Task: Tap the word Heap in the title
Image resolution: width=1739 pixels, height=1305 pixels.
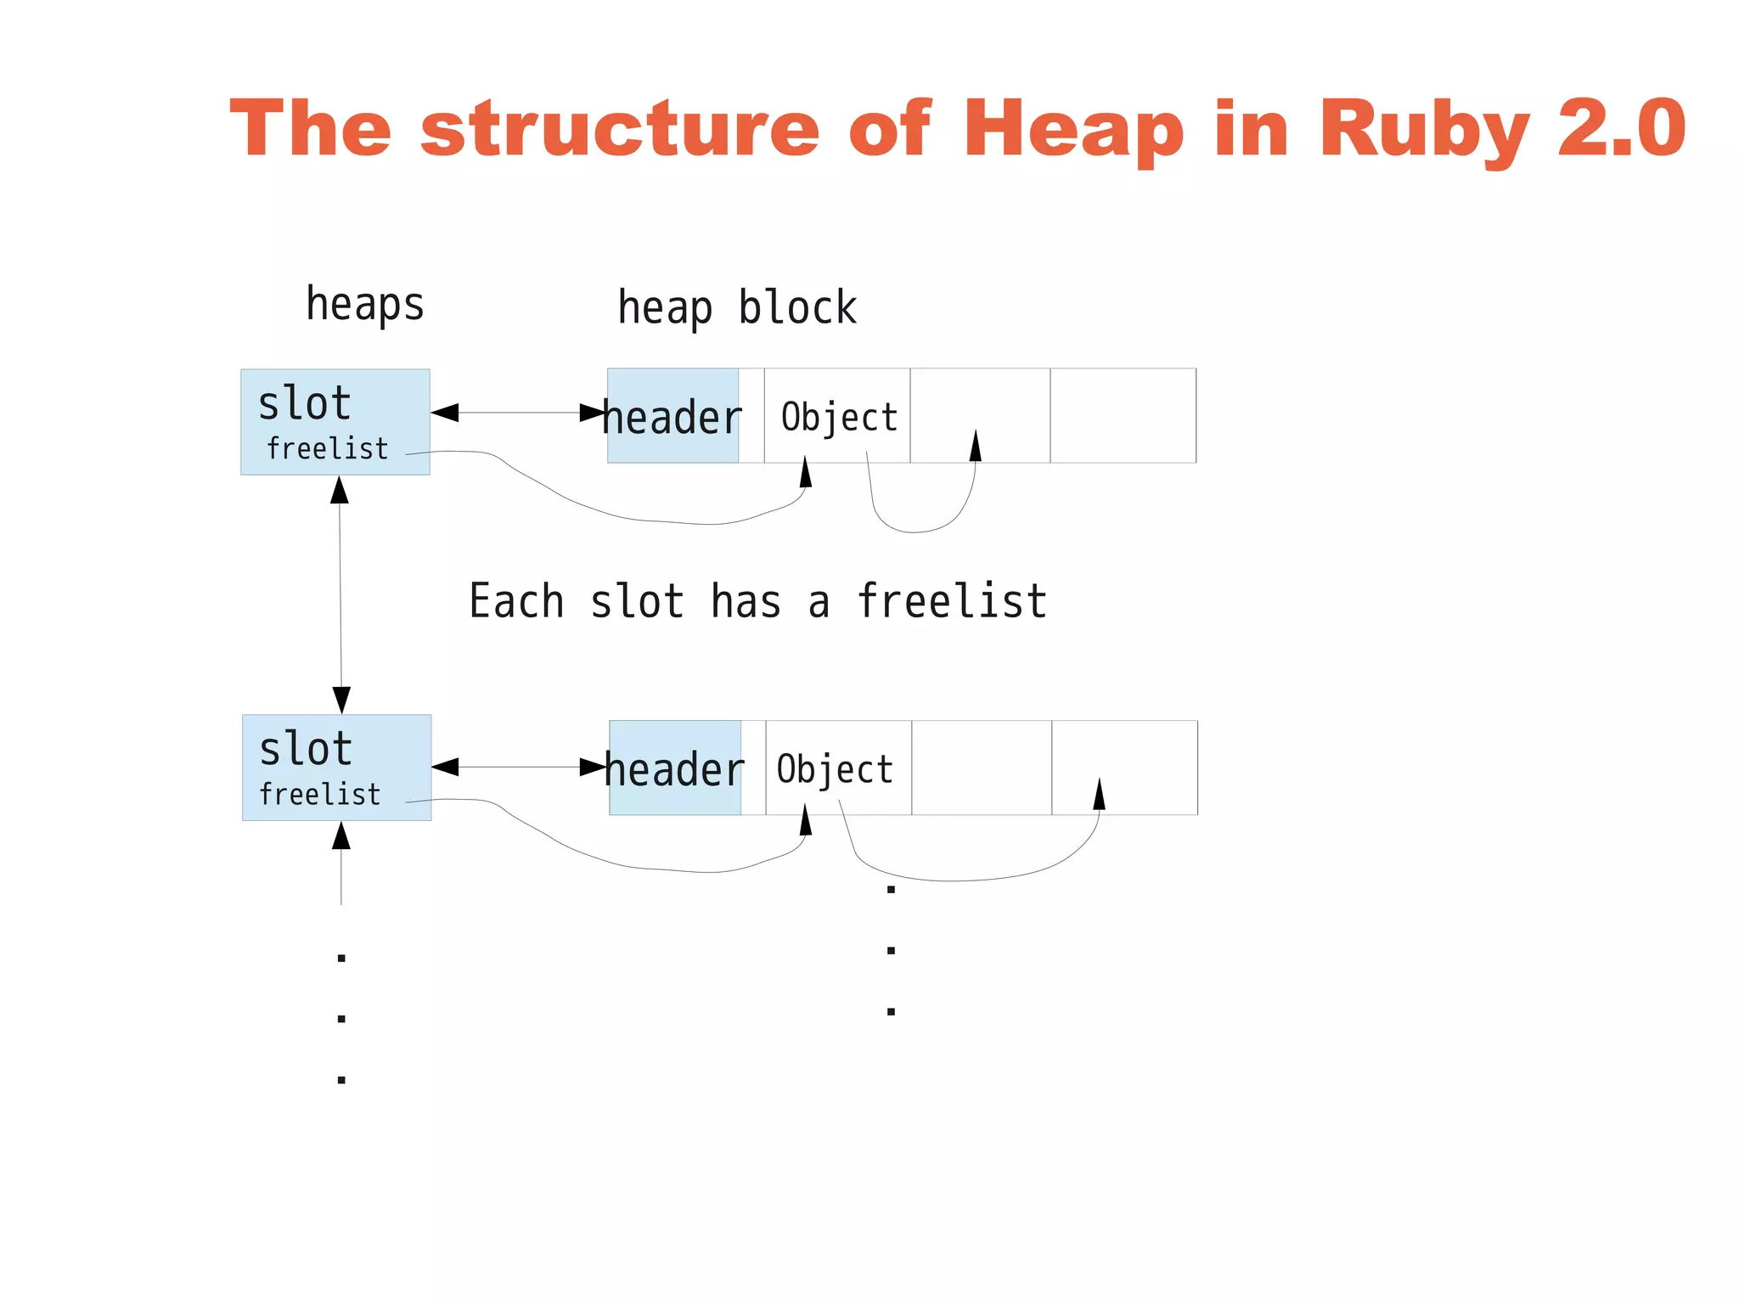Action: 1073,129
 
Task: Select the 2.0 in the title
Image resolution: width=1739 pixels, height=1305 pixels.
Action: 1622,129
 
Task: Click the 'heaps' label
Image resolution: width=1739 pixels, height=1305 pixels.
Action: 365,304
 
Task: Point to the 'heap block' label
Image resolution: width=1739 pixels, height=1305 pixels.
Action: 737,307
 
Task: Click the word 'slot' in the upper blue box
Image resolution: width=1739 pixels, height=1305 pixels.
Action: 304,403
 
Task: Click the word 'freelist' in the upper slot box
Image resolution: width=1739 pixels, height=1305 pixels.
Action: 327,448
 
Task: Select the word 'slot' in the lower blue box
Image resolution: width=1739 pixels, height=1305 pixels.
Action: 306,749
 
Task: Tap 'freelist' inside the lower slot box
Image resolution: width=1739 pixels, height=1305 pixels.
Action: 320,795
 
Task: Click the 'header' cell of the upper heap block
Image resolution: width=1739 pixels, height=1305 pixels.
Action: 673,417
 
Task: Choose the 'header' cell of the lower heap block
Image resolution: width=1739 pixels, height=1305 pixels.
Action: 675,769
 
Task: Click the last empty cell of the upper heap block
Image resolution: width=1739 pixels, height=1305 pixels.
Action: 1123,415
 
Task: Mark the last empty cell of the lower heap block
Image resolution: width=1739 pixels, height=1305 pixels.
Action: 1124,768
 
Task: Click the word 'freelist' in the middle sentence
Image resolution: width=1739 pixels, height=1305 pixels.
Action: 951,601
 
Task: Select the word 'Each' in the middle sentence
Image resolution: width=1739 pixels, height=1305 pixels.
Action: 516,601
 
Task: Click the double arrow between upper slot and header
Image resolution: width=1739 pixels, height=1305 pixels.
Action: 519,413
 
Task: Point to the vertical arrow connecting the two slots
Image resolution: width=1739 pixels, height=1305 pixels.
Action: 340,594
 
